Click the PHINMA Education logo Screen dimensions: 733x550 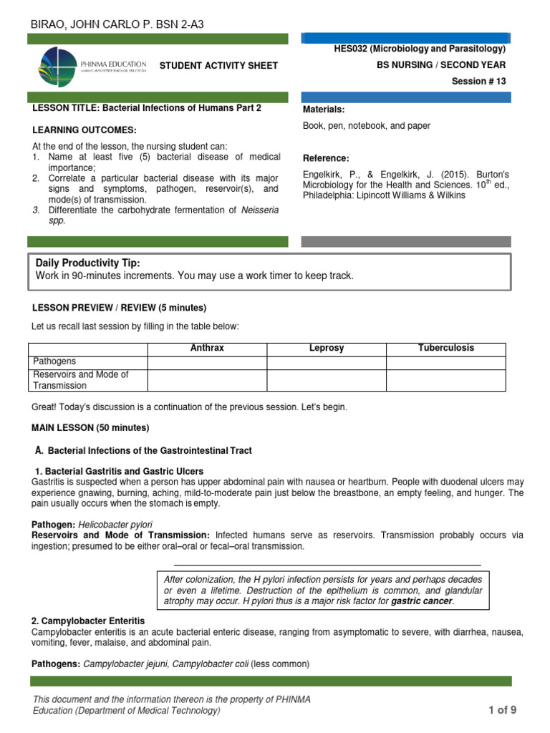tap(92, 66)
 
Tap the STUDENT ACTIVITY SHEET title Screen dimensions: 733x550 tap(218, 66)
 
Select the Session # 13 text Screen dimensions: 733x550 tap(478, 82)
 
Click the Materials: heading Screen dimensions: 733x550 tap(324, 110)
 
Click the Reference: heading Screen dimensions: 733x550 tap(326, 158)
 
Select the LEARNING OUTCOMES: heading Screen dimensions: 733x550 tap(85, 130)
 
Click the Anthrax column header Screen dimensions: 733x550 tap(207, 349)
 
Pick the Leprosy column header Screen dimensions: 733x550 tap(327, 349)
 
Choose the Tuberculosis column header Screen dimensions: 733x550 tap(445, 349)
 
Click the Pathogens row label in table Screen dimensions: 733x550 tap(54, 361)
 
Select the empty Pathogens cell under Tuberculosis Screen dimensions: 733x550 tap(445, 361)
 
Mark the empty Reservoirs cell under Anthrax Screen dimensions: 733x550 tap(207, 380)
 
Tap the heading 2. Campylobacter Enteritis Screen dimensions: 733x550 tap(88, 621)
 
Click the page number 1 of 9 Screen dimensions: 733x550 tap(502, 710)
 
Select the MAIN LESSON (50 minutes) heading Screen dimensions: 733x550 tap(91, 428)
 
